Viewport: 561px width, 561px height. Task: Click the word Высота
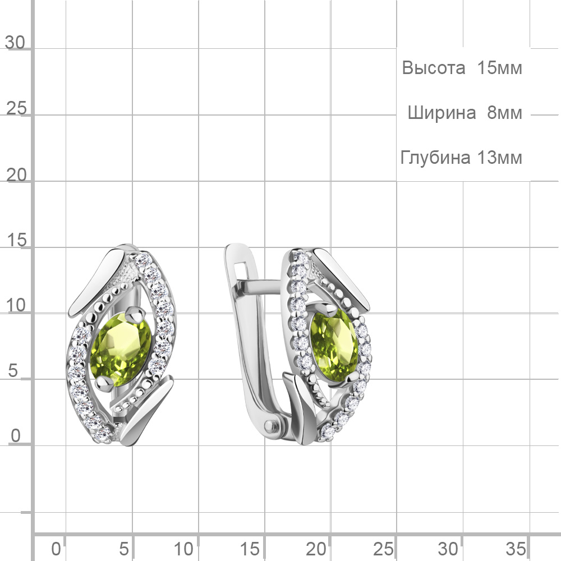[x=433, y=68]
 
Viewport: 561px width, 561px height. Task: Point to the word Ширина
[x=442, y=113]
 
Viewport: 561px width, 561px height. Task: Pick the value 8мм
[x=504, y=113]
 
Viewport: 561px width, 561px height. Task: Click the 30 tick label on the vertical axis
[x=15, y=43]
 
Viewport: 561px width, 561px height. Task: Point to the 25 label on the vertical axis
[x=16, y=108]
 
